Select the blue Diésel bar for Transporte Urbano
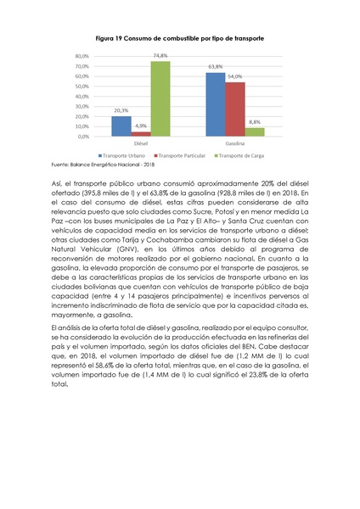click(x=121, y=126)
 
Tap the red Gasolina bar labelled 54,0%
click(x=234, y=109)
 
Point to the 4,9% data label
click(x=140, y=126)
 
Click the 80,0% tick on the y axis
click(x=82, y=56)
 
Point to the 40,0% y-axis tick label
click(x=82, y=96)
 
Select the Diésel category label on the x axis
click(x=140, y=143)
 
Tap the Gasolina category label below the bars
click(x=234, y=143)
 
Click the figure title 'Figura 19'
click(x=179, y=39)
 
